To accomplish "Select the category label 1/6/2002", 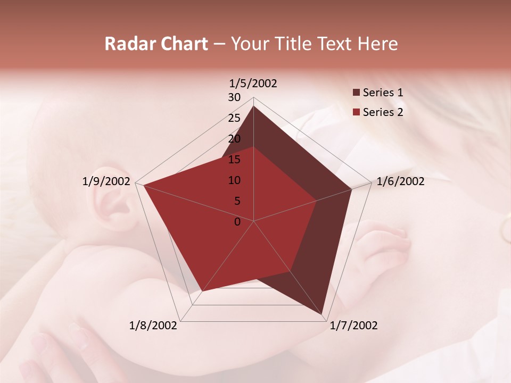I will [x=400, y=181].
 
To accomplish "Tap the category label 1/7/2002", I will [x=353, y=326].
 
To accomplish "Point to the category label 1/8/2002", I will [x=153, y=326].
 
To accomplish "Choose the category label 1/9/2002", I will [x=106, y=181].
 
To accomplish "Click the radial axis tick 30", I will [x=234, y=97].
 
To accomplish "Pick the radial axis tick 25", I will [x=234, y=118].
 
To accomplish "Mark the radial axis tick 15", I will [x=234, y=160].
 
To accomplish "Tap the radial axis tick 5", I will [x=237, y=201].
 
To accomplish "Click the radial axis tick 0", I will [x=237, y=222].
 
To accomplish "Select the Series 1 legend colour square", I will [x=357, y=93].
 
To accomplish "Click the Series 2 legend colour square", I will [x=357, y=112].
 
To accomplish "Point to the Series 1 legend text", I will [x=383, y=93].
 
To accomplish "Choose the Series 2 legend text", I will [x=383, y=112].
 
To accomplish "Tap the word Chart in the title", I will [x=185, y=44].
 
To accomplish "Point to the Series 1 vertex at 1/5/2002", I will [x=253, y=106].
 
